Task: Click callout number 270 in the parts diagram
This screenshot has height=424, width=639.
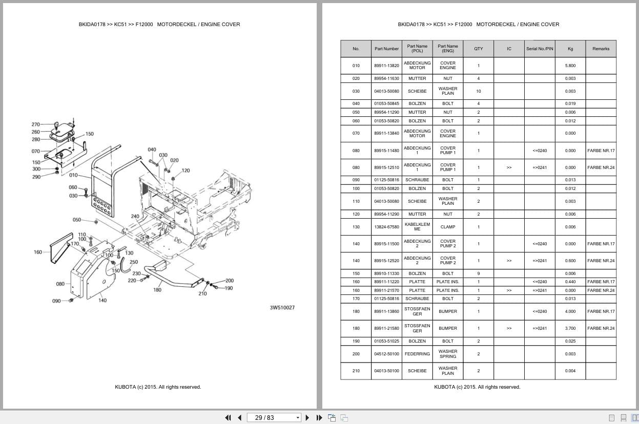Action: click(x=35, y=124)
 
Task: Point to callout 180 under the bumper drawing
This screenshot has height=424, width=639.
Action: click(x=157, y=290)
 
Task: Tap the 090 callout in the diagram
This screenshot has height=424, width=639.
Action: click(x=56, y=301)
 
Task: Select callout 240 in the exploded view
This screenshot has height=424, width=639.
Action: click(x=135, y=217)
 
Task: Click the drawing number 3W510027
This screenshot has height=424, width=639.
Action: click(x=282, y=308)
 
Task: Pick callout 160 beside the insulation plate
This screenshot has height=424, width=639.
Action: click(x=38, y=252)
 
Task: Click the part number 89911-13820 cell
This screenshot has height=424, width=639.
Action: click(x=386, y=66)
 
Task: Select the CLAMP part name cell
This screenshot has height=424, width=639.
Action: click(x=447, y=227)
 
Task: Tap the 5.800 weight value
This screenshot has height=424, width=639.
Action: click(x=570, y=66)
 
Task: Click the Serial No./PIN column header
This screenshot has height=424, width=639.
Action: click(x=540, y=49)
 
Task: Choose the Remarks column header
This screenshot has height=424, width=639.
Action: click(x=601, y=49)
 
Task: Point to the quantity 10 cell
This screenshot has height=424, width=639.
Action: click(x=478, y=91)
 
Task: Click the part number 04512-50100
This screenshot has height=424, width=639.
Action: click(x=386, y=354)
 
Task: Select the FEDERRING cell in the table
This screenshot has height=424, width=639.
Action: click(x=417, y=354)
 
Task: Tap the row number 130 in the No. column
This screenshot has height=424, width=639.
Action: click(x=356, y=227)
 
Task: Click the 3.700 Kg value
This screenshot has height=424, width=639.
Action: click(x=570, y=328)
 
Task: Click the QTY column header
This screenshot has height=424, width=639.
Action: click(x=478, y=49)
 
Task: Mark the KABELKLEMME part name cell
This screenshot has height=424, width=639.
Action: click(x=417, y=227)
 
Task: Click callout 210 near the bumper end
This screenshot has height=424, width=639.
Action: click(x=202, y=293)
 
